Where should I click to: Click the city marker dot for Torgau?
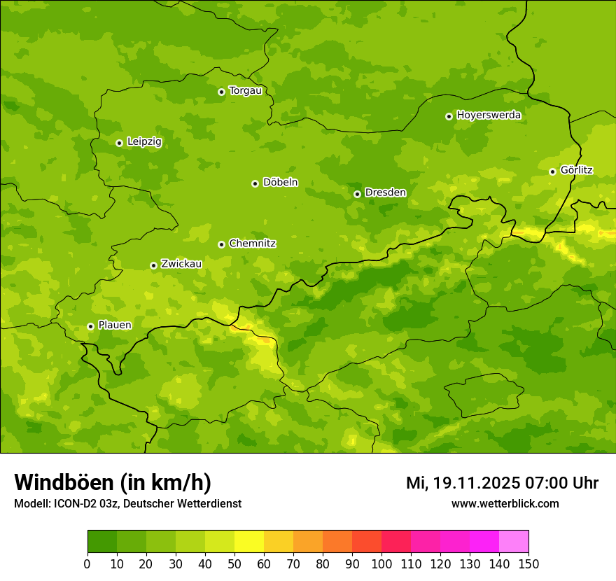tap(221, 92)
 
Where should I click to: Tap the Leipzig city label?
tap(144, 142)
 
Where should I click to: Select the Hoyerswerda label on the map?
tap(489, 115)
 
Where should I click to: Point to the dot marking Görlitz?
tap(552, 171)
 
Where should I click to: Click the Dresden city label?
tap(385, 192)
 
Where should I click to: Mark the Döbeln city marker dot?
tap(255, 183)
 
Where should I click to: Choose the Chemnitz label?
tap(252, 244)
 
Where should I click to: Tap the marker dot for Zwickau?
tap(153, 265)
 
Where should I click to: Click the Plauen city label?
tap(114, 325)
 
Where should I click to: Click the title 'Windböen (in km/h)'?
tap(113, 482)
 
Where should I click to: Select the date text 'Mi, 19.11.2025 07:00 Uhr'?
tap(502, 483)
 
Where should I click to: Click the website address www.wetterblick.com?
tap(505, 504)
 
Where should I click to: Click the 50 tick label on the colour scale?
tap(234, 563)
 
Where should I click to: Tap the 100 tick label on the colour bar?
tap(381, 563)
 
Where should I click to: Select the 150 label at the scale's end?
tap(528, 563)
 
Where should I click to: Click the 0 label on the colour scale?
tap(87, 563)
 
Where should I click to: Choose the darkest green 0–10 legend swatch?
tap(102, 542)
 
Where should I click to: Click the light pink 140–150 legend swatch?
tap(514, 542)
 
